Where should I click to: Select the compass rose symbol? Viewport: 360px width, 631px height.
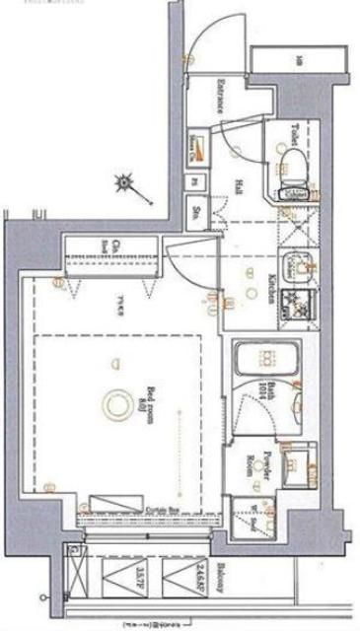pos(126,181)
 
